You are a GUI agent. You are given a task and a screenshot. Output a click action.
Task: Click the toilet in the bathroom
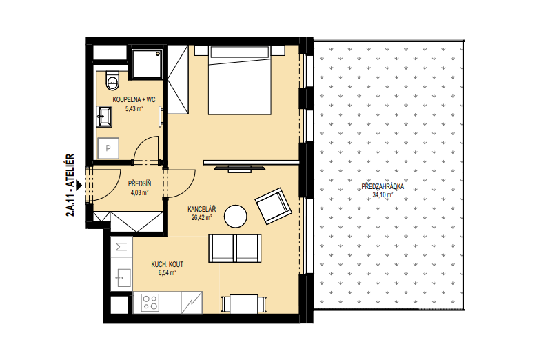pos(112,80)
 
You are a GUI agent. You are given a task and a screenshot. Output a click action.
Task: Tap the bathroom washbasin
pos(104,117)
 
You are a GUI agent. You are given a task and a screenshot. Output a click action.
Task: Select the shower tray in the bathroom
pos(147,63)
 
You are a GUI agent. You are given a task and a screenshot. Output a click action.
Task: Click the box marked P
pos(108,148)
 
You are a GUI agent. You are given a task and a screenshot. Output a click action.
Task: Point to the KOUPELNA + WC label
pos(134,100)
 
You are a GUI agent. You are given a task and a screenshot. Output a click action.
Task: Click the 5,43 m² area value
pos(134,109)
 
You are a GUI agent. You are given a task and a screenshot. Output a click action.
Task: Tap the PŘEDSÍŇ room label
pos(139,183)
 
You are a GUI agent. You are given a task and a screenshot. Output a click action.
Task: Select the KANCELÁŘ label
pos(201,209)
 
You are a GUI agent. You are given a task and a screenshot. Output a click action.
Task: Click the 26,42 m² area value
pos(201,217)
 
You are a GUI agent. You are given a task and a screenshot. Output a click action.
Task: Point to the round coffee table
pos(236,217)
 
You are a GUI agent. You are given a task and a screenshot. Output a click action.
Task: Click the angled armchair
pos(273,206)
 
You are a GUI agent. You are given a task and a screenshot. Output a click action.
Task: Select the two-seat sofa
pos(235,248)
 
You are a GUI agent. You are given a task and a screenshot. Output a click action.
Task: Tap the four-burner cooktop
pos(150,303)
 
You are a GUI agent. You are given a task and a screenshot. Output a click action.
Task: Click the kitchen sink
pos(121,278)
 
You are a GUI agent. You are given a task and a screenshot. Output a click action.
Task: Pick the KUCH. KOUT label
pos(167,264)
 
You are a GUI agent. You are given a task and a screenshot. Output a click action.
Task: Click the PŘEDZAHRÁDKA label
pos(383,187)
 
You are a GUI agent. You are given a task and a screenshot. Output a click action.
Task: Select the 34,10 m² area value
pos(383,195)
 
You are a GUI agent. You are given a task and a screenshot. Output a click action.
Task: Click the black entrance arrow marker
pos(79,186)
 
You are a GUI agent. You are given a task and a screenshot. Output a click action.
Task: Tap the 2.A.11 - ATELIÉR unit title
pos(70,185)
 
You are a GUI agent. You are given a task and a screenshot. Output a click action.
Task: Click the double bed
pos(240,80)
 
